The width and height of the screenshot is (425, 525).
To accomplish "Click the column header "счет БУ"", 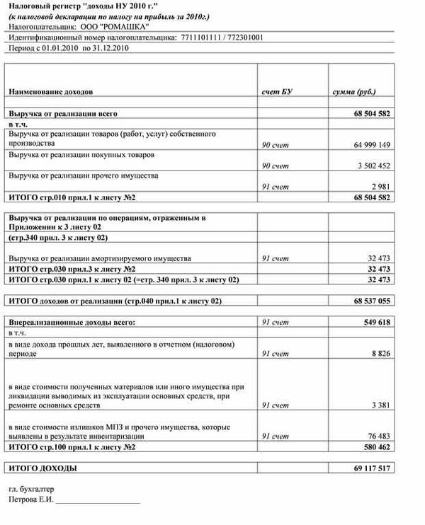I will [277, 93].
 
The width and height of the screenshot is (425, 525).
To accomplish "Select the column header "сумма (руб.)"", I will [354, 93].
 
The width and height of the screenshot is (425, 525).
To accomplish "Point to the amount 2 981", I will [380, 186].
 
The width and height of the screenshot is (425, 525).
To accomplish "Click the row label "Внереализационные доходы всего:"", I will [72, 322].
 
